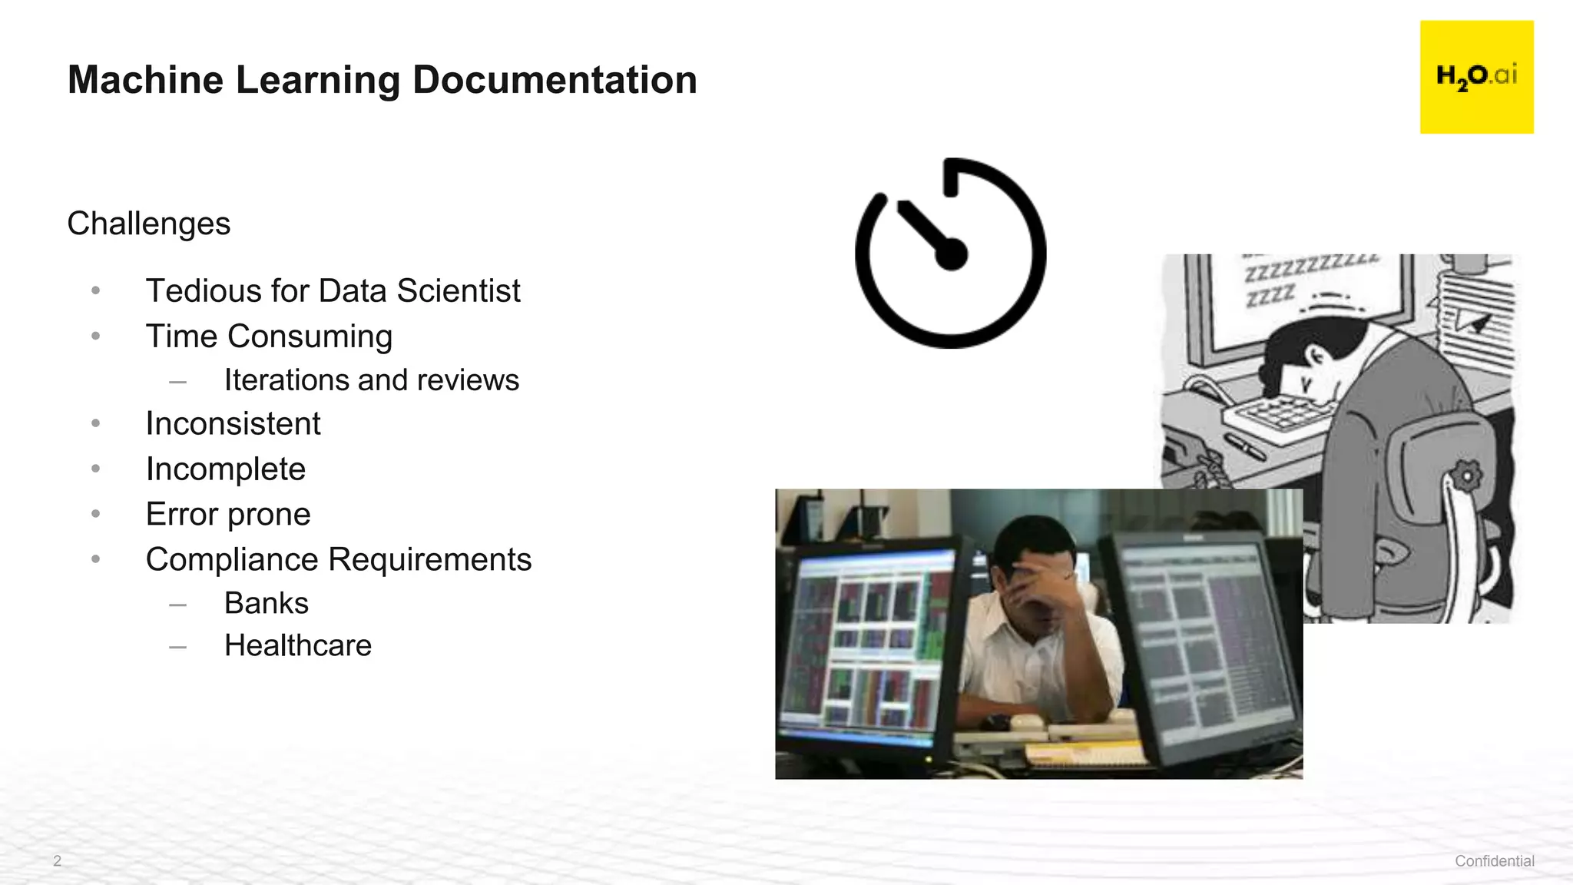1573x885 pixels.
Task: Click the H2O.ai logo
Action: coord(1476,77)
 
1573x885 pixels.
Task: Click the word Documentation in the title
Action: coord(555,80)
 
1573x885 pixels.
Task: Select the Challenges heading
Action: coord(148,224)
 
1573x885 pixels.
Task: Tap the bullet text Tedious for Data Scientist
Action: coord(333,291)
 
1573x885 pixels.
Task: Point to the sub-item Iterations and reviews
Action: coord(371,380)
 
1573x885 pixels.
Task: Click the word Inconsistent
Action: coord(233,424)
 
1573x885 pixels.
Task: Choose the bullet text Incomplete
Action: coord(225,469)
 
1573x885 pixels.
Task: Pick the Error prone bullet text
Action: coord(228,515)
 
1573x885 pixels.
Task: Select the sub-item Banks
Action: coord(266,604)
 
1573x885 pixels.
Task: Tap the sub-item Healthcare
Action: coord(297,646)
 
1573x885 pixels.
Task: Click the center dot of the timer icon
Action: coord(952,255)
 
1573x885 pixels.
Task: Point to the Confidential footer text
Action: coord(1494,861)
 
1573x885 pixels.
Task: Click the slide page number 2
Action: coord(57,861)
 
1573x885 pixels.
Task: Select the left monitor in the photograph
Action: coord(864,645)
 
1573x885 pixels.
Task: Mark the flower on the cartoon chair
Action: coord(1466,476)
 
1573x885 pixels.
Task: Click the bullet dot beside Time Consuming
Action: coord(96,336)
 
